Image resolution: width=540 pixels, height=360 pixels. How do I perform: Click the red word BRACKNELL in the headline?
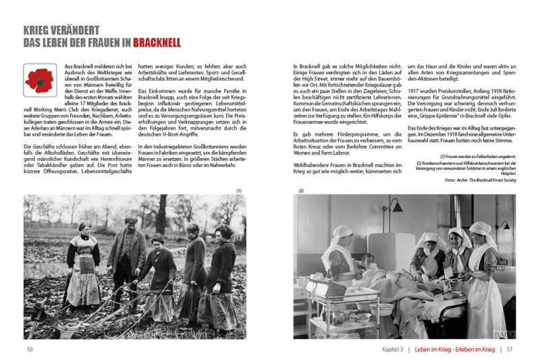tap(157, 43)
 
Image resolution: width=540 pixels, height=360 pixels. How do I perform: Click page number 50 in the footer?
tap(30, 349)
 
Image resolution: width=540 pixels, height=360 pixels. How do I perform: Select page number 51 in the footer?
tap(510, 349)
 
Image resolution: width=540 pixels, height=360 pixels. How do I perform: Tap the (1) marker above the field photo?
tap(238, 190)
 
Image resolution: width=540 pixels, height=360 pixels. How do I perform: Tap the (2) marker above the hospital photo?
tap(300, 190)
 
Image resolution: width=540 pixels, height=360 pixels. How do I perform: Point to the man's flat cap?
tap(131, 221)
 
